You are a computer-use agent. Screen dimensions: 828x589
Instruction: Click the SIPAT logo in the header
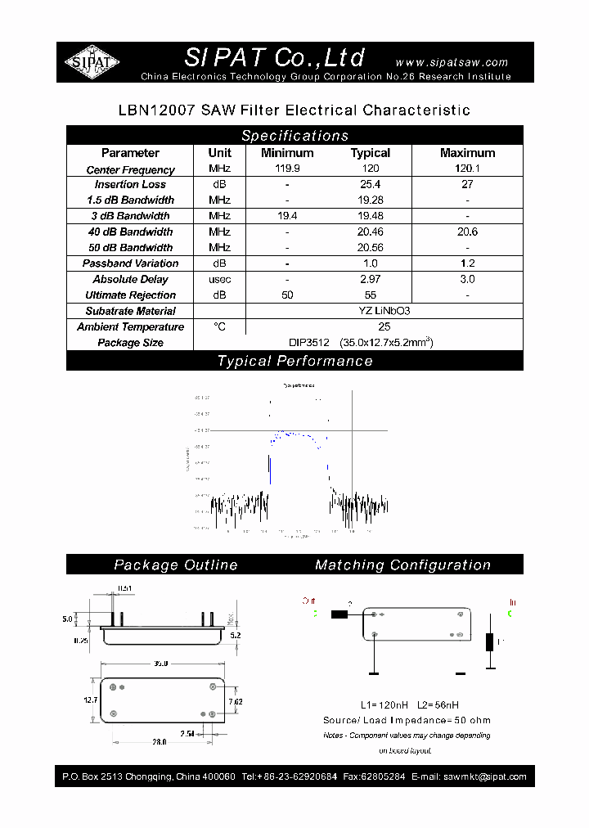92,62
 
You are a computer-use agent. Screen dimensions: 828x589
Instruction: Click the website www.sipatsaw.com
452,62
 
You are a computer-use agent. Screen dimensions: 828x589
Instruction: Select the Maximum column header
467,153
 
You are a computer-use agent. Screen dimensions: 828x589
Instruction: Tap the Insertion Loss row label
130,185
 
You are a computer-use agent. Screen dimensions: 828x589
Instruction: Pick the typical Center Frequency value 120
371,169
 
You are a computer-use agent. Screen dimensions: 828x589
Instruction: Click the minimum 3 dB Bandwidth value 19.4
287,216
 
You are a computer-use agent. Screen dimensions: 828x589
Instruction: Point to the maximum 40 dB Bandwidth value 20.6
467,232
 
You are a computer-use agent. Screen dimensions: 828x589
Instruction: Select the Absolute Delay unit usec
219,280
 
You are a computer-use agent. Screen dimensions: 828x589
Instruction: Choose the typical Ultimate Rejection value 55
371,295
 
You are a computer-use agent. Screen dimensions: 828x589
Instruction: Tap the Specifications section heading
294,136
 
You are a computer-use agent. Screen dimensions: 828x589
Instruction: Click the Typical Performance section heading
294,361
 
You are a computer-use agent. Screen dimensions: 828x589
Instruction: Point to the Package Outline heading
176,565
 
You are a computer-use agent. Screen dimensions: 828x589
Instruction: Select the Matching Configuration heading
402,565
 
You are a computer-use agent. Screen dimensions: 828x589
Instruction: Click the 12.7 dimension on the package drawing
89,700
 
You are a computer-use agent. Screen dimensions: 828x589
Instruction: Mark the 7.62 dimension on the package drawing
234,701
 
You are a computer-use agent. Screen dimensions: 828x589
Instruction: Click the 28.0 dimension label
159,742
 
